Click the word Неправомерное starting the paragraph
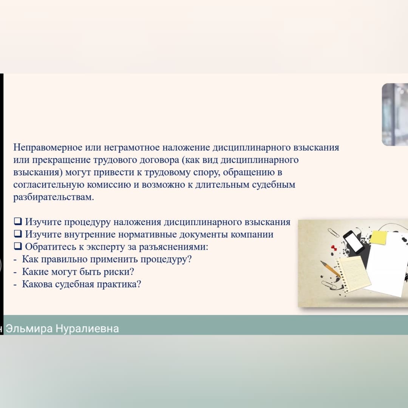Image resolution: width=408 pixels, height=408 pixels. point(48,148)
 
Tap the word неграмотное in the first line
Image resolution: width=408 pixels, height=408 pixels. point(132,148)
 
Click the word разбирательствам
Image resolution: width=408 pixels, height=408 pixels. point(54,197)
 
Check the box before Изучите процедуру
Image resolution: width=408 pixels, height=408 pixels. point(18,222)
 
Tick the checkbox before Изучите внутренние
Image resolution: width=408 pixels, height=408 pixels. point(18,234)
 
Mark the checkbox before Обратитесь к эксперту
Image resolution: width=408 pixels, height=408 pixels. point(18,246)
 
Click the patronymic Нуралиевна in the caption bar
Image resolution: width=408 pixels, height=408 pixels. point(87,329)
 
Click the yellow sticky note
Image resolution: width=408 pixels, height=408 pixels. point(378,237)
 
